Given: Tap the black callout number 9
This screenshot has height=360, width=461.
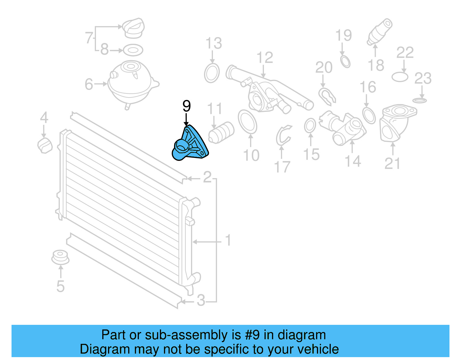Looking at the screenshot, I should tap(186, 106).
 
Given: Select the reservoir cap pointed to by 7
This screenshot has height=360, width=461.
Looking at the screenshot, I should tap(133, 28).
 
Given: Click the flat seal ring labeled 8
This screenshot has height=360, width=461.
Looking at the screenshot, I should tap(133, 50).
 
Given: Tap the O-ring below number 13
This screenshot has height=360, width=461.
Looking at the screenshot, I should tap(212, 73).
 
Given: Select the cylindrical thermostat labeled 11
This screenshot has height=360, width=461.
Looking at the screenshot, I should tap(221, 132).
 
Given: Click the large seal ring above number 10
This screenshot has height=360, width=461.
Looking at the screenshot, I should tap(247, 122).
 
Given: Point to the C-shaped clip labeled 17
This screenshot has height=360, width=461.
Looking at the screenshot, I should tap(283, 135).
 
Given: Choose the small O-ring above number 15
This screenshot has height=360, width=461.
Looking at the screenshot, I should tap(310, 126).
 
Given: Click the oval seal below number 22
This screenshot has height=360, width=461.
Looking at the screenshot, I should tap(400, 77).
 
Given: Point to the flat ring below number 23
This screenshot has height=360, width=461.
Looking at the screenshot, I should tap(420, 100).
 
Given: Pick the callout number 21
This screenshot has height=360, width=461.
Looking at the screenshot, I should tap(392, 164).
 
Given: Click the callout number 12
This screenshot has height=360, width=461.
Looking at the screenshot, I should tap(264, 58).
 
